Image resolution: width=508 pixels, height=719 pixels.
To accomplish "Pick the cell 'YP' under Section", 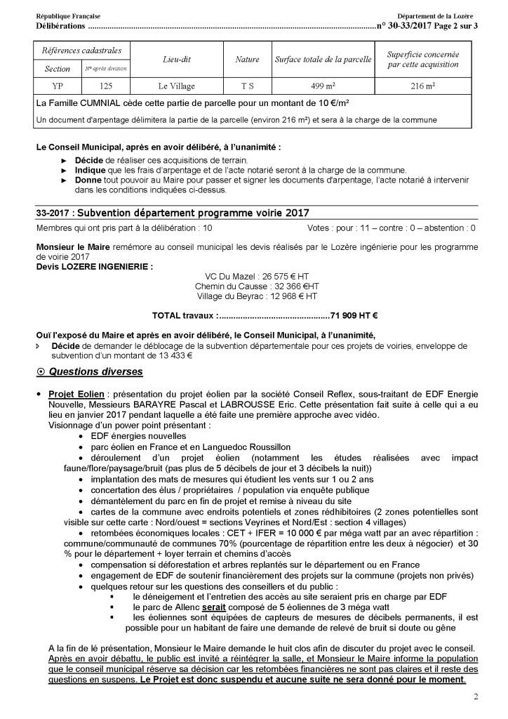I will [x=57, y=86].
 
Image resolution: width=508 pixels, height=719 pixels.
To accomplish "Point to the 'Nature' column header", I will [x=247, y=60].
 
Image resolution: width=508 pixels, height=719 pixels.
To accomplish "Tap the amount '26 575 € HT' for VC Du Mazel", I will [x=286, y=276].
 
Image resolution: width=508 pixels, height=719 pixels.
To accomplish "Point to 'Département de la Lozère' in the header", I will [x=434, y=15].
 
